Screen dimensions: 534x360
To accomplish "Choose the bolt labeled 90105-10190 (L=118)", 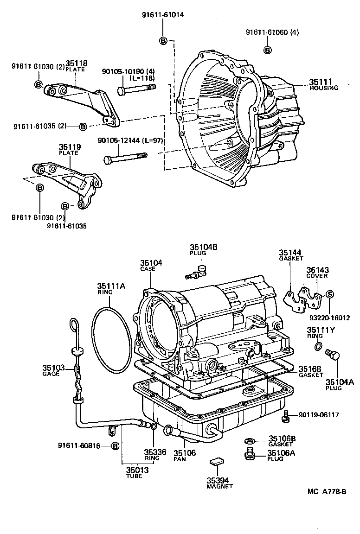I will coord(136,88).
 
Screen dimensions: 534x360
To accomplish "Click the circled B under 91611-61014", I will coord(163,40).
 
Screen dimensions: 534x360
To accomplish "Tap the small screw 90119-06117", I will coord(286,415).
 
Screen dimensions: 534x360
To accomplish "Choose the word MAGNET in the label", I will coord(220,486).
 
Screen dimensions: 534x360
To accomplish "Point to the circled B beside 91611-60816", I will coord(115,446).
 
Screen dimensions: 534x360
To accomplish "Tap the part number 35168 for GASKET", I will coord(308,369).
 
